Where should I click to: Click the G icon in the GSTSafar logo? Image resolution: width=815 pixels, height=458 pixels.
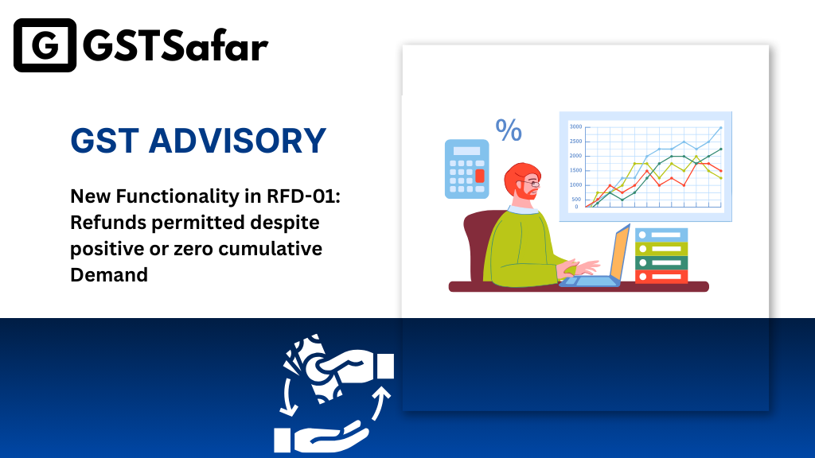[x=45, y=45]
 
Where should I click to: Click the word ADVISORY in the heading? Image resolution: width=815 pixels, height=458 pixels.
[x=237, y=141]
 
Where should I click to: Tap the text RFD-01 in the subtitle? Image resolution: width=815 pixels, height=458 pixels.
[x=303, y=196]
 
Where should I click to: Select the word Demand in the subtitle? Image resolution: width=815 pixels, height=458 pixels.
[x=109, y=274]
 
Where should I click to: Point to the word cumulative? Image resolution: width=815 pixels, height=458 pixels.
[x=271, y=249]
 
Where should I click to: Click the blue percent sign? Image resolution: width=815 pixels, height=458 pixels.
[x=509, y=130]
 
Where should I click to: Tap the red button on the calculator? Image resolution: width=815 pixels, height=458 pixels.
[x=480, y=176]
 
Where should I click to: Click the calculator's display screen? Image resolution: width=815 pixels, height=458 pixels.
[x=466, y=150]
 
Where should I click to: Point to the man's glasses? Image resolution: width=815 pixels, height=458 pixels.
[x=531, y=184]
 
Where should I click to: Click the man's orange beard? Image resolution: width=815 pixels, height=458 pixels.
[x=525, y=192]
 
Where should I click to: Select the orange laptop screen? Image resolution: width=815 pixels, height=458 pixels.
[x=620, y=252]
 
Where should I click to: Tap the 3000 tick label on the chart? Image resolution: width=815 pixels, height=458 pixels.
[x=575, y=126]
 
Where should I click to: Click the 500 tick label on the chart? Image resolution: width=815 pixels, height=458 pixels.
[x=576, y=200]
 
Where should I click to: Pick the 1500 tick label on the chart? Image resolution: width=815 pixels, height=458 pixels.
[x=575, y=170]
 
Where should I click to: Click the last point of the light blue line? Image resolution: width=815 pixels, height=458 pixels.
[x=720, y=127]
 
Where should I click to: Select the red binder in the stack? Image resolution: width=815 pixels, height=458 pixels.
[x=661, y=277]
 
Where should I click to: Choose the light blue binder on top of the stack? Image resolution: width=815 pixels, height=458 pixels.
[x=661, y=235]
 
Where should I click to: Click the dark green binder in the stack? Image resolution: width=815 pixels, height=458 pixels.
[x=661, y=262]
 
